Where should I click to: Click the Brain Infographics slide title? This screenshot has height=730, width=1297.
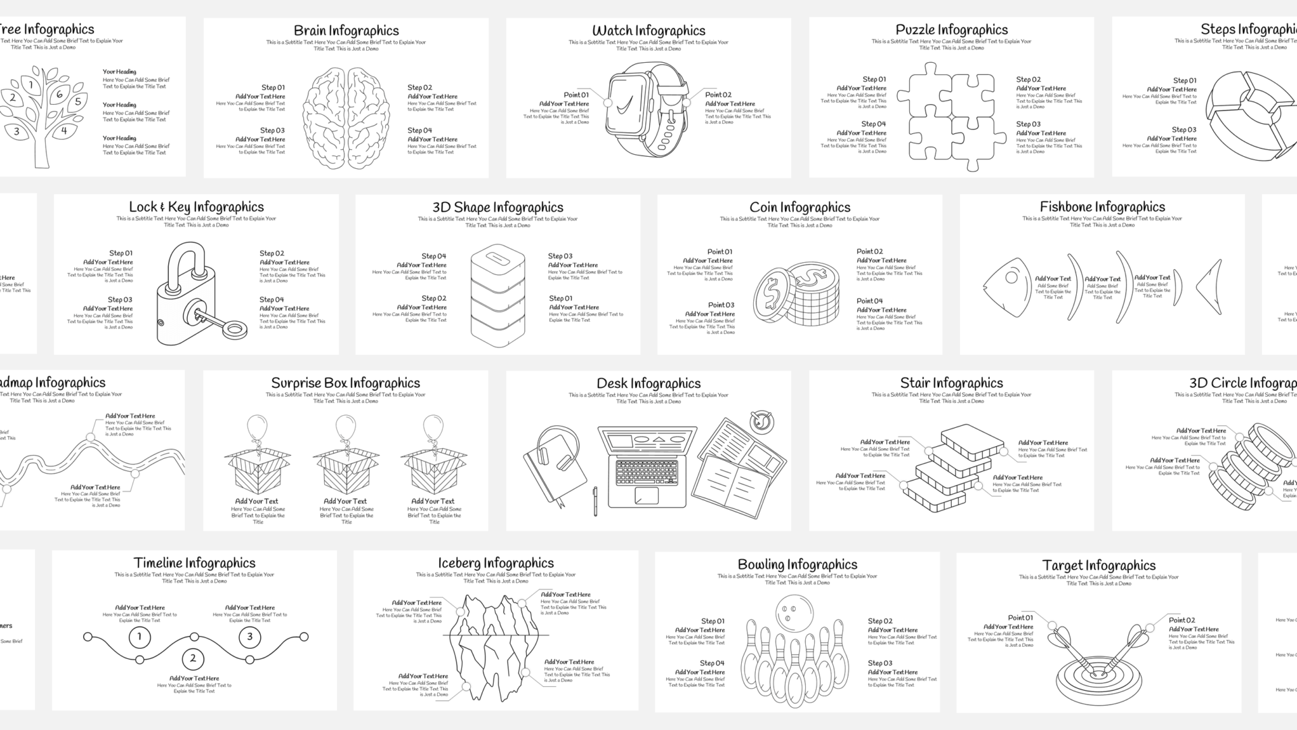[x=346, y=30]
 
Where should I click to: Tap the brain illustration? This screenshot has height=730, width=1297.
[x=346, y=118]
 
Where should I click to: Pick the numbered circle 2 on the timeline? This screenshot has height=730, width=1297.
[x=193, y=658]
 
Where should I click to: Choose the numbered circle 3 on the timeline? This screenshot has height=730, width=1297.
[x=249, y=636]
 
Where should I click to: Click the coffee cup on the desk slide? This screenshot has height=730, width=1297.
[x=762, y=421]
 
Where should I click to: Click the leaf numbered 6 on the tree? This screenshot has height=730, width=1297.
[x=59, y=95]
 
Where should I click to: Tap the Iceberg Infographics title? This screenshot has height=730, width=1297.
[x=495, y=563]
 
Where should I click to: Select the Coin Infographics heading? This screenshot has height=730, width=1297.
[x=799, y=208]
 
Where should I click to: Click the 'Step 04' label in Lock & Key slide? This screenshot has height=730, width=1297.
[x=272, y=299]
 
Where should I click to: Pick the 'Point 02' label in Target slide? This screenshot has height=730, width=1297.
[x=1181, y=620]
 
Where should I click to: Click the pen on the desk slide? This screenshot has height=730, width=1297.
[x=595, y=501]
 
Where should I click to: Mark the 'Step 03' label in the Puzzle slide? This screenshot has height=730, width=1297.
[x=1028, y=124]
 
